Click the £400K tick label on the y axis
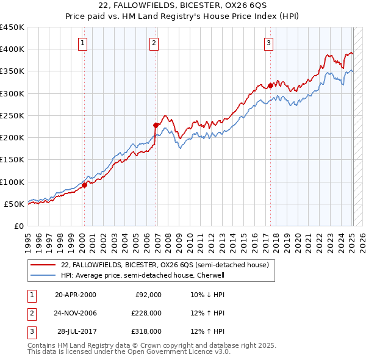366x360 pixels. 12,49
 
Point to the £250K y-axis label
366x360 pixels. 12,115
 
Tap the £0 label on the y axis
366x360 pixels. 20,226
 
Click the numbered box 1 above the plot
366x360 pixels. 82,43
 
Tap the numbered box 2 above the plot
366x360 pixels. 154,43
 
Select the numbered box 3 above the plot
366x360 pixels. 268,43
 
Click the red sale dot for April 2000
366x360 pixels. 85,185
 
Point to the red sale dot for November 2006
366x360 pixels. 156,125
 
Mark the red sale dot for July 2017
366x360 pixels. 270,85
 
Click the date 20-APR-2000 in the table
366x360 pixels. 75,295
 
